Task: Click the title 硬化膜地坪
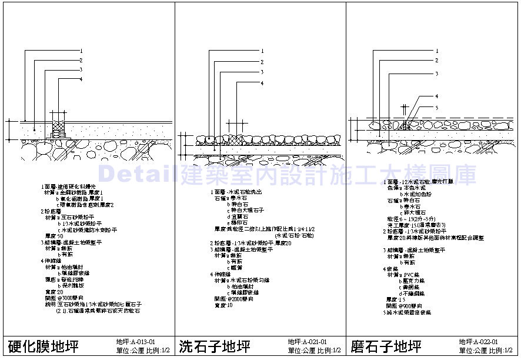(42, 345)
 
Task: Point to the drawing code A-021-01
(308, 341)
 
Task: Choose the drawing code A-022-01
(479, 341)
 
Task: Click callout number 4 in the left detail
(81, 79)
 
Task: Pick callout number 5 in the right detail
(436, 107)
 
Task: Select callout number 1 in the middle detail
(262, 51)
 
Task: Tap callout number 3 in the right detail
(436, 74)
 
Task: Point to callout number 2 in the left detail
(81, 60)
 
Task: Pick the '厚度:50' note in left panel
(54, 236)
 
